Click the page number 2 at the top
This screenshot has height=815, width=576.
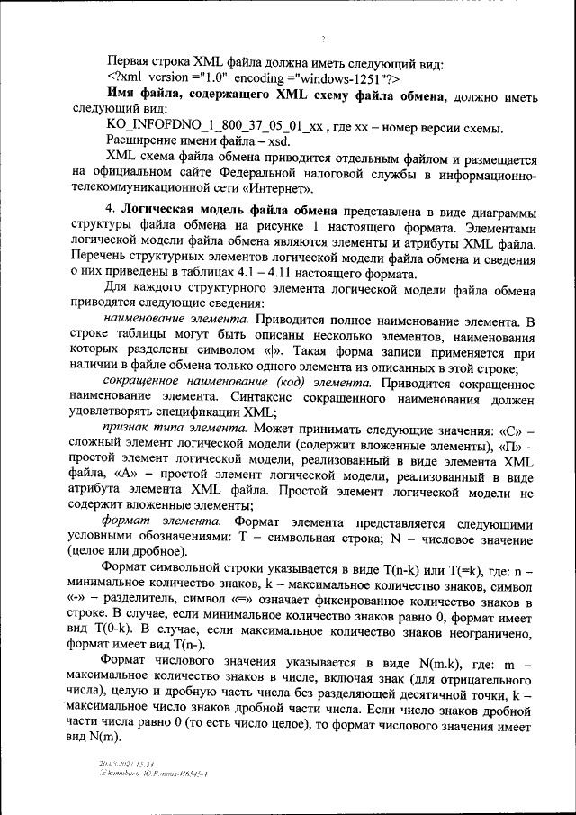(x=322, y=40)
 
